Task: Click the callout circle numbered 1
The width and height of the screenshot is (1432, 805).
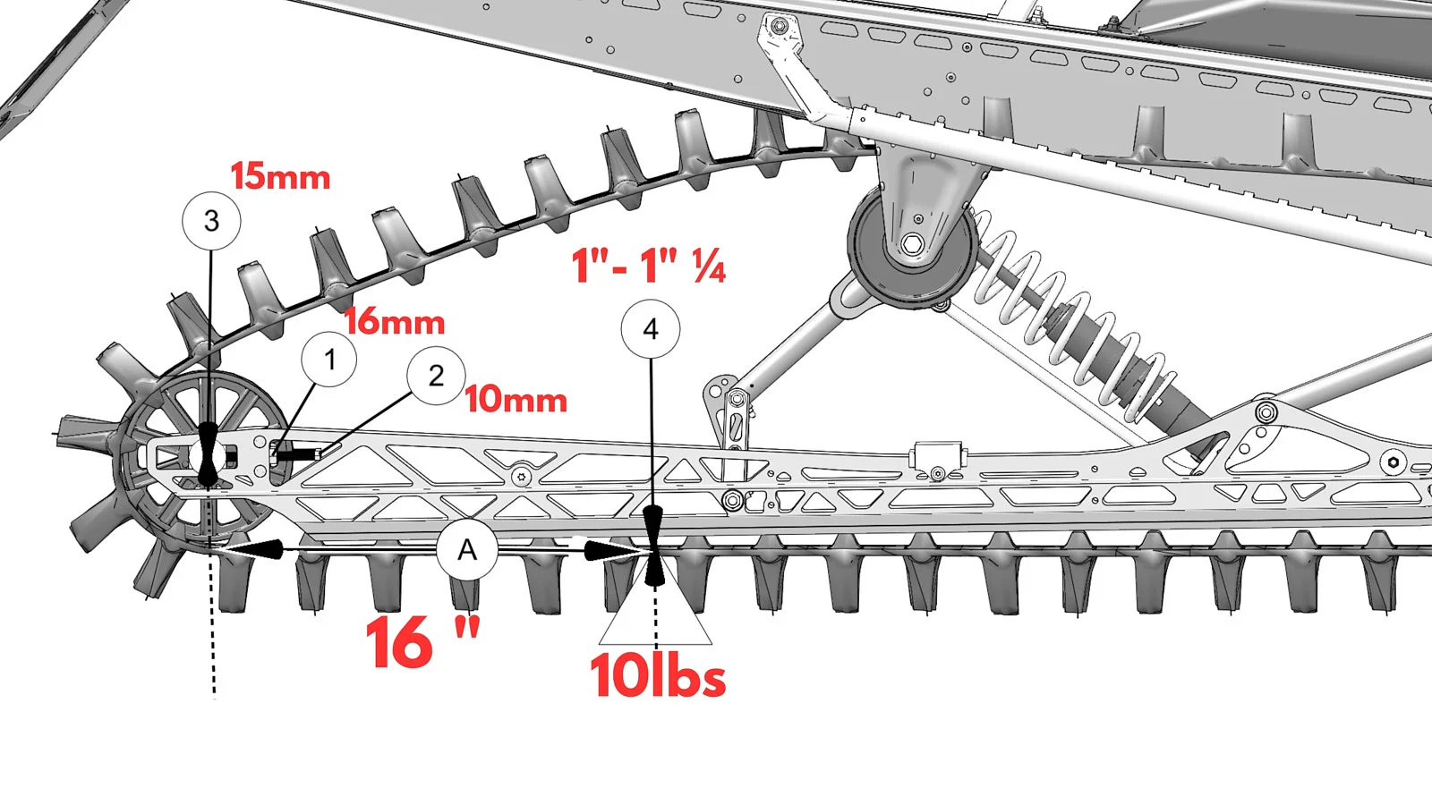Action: [329, 360]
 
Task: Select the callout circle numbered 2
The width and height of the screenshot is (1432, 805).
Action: [436, 376]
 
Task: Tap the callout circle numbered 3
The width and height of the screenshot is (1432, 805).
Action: [211, 220]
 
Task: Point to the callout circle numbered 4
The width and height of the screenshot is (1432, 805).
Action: [651, 329]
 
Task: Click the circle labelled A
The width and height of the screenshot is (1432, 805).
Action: [467, 550]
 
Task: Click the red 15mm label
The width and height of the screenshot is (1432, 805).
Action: [280, 176]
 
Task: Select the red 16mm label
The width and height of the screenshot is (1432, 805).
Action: [395, 322]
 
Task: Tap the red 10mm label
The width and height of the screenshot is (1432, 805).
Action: [516, 400]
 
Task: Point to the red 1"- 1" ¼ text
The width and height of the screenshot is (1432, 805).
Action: [649, 266]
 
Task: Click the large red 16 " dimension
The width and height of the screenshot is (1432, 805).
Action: [422, 641]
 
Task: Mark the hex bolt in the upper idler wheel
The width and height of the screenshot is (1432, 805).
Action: [912, 244]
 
